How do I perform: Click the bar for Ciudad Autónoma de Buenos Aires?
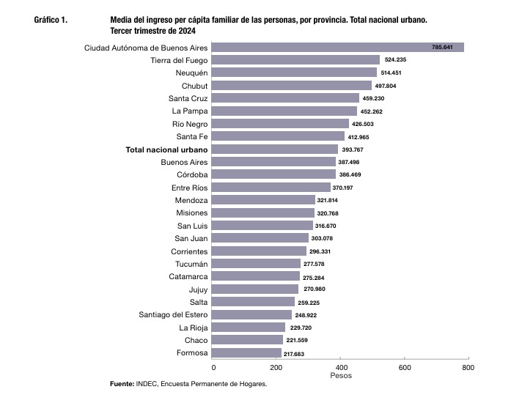338,47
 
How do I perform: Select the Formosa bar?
246,353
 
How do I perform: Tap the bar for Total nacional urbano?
275,149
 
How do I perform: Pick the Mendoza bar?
263,200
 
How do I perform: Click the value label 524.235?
395,59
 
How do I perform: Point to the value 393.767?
353,149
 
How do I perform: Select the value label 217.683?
294,354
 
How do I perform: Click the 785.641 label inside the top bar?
442,47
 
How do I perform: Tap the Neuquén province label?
191,73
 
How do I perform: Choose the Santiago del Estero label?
173,315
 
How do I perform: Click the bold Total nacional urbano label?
166,150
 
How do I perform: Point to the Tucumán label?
191,264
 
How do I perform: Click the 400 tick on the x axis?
341,368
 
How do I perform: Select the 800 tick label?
468,368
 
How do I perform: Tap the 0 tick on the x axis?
213,368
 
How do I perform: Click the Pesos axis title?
341,376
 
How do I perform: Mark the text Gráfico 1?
51,20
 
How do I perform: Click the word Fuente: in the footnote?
122,384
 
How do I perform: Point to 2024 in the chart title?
187,31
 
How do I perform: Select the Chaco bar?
247,340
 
